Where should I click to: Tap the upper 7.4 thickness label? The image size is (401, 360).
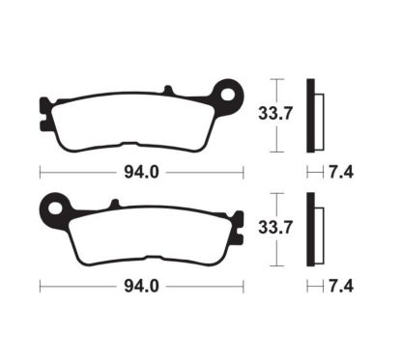tap(337, 175)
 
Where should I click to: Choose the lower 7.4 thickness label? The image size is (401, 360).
tap(337, 287)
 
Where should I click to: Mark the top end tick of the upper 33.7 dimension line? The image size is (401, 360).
tap(277, 79)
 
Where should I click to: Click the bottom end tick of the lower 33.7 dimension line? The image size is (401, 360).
tap(277, 267)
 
